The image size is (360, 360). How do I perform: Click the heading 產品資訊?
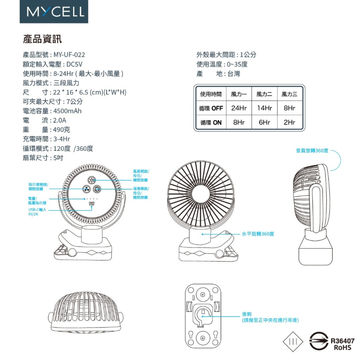42,39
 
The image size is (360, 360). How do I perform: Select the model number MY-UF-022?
69,55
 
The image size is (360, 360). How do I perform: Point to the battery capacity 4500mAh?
67,111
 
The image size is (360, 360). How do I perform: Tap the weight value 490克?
62,130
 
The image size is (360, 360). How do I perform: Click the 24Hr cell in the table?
239,108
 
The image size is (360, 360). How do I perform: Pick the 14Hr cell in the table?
264,108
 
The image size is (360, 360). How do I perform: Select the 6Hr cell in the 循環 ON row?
264,122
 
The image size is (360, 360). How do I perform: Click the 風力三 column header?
289,94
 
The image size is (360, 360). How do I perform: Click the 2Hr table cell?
289,122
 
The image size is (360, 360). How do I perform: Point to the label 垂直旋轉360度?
312,150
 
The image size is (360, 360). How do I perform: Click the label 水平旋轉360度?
258,234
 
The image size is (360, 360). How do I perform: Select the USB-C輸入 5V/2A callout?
37,212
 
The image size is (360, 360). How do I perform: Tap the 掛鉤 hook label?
247,314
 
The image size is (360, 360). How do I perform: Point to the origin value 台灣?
234,74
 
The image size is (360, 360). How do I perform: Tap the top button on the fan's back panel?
92,181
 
